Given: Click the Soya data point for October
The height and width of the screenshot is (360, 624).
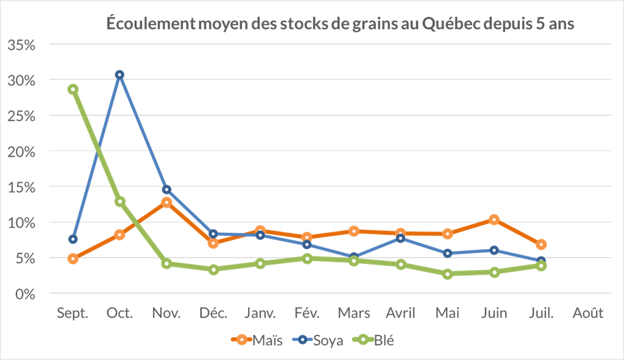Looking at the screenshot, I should point(119,74).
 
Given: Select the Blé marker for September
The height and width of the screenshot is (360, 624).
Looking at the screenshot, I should point(73,89).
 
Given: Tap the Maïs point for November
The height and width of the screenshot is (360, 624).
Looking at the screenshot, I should point(166,202).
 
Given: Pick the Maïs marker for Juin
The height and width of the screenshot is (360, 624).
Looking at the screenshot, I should point(494,219).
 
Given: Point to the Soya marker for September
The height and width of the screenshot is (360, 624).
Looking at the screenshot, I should point(73,239).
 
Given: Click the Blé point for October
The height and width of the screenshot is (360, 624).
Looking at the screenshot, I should point(119,201).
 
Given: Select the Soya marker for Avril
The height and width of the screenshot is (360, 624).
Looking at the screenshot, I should point(400,238).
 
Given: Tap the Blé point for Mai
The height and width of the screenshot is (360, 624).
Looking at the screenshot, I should point(447,274).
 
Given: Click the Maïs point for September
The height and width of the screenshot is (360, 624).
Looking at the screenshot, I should point(73,259).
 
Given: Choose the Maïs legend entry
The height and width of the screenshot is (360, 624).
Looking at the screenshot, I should point(256,341).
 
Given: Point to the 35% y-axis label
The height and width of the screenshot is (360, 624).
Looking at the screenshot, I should point(22,44).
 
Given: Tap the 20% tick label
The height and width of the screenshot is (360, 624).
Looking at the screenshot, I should point(22,151).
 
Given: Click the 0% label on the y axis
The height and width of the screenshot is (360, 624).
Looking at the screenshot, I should point(26,294).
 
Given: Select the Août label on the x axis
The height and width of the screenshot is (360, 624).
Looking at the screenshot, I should point(587,313).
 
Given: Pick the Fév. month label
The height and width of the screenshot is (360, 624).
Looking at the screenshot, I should point(307,313).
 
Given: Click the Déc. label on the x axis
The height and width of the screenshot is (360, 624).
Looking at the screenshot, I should point(213,313).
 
